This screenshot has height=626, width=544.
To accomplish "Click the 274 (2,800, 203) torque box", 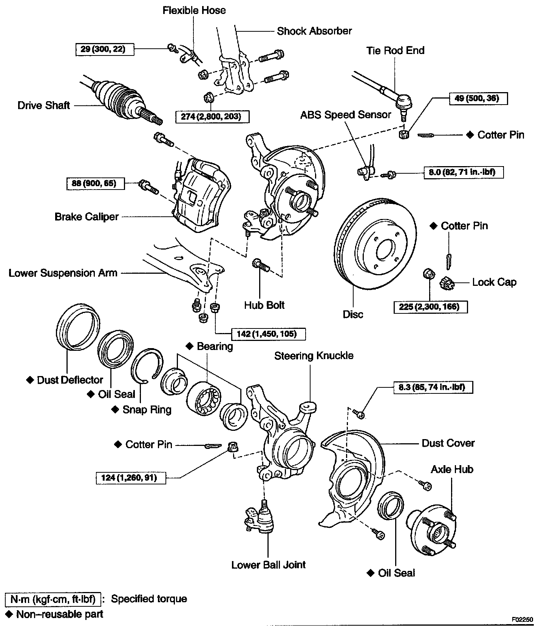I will [x=213, y=116].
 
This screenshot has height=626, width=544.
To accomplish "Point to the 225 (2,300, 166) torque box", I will [x=430, y=307].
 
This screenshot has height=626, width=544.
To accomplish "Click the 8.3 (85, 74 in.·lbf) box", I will [x=433, y=387].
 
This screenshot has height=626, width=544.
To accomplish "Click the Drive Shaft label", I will [x=44, y=105].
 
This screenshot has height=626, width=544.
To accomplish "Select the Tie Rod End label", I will [x=395, y=51].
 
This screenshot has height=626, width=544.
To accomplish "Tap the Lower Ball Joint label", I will [x=268, y=565].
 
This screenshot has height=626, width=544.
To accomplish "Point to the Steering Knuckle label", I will [x=314, y=356].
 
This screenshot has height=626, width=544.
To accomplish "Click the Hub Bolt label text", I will [x=264, y=305].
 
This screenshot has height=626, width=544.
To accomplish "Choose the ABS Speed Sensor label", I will [x=345, y=115].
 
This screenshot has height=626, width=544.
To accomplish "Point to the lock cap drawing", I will [x=447, y=283].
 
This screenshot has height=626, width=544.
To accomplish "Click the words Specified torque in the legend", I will [x=149, y=599].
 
